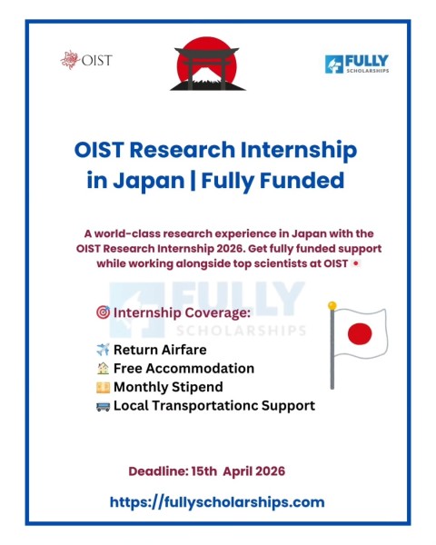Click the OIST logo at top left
[86, 60]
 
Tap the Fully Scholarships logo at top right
[356, 64]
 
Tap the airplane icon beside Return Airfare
[103, 350]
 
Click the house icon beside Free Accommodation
[103, 369]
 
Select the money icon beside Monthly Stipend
[103, 388]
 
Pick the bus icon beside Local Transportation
[103, 406]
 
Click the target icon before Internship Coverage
[103, 313]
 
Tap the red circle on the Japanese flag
[360, 332]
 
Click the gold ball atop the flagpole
[332, 305]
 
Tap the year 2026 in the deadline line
[267, 471]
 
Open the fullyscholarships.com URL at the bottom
[217, 501]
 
